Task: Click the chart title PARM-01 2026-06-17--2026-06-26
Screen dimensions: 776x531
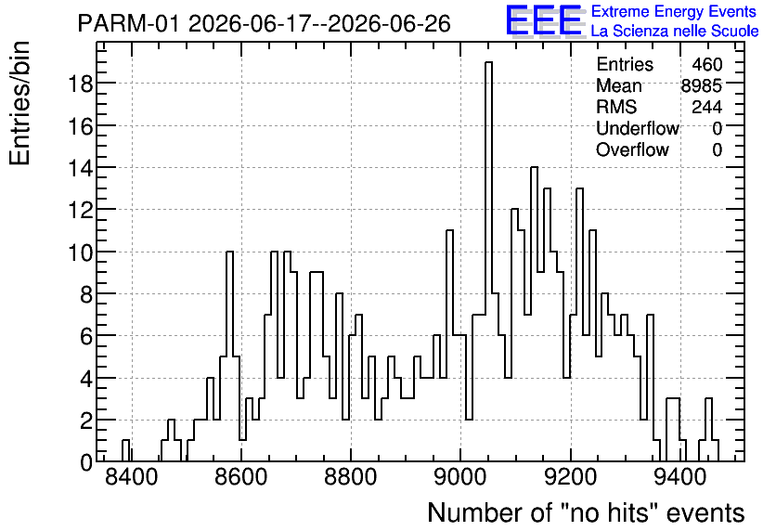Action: point(265,23)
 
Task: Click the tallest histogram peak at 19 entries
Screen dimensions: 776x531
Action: point(488,63)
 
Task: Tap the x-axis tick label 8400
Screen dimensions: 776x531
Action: point(132,477)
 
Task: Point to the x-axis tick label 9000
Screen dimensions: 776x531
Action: point(460,477)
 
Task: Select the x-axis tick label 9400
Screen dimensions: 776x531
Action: point(680,477)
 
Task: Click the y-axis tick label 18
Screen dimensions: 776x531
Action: point(80,84)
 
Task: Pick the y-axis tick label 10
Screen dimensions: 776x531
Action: point(80,252)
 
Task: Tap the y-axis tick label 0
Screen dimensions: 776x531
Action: point(86,462)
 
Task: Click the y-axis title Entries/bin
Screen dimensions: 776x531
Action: point(19,104)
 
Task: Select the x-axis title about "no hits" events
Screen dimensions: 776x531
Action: point(586,512)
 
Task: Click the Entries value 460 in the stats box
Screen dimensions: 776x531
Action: point(707,64)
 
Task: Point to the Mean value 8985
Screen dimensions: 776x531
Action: point(702,85)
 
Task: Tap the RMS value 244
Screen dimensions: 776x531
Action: point(707,107)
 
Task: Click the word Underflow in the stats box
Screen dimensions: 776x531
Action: point(638,128)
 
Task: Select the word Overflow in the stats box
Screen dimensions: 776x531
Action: point(632,149)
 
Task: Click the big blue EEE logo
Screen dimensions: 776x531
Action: point(544,19)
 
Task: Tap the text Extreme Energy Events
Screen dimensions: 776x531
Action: point(674,11)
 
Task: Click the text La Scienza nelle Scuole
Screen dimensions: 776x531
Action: point(675,31)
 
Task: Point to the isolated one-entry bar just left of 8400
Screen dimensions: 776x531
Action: point(125,450)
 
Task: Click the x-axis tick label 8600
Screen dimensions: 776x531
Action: point(241,477)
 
